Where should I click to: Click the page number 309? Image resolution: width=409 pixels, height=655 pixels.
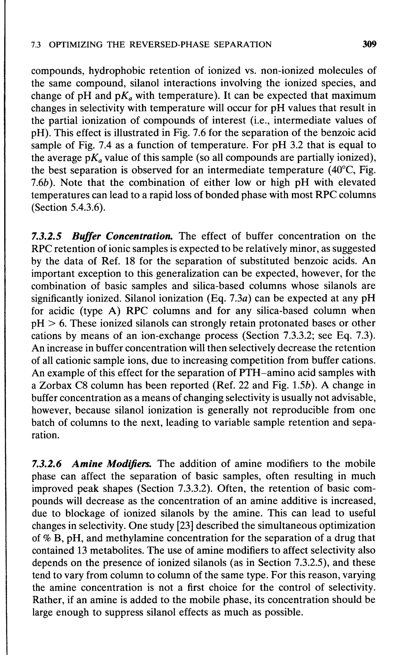pos(369,44)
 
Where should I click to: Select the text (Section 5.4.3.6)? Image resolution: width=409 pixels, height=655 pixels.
pos(69,208)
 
